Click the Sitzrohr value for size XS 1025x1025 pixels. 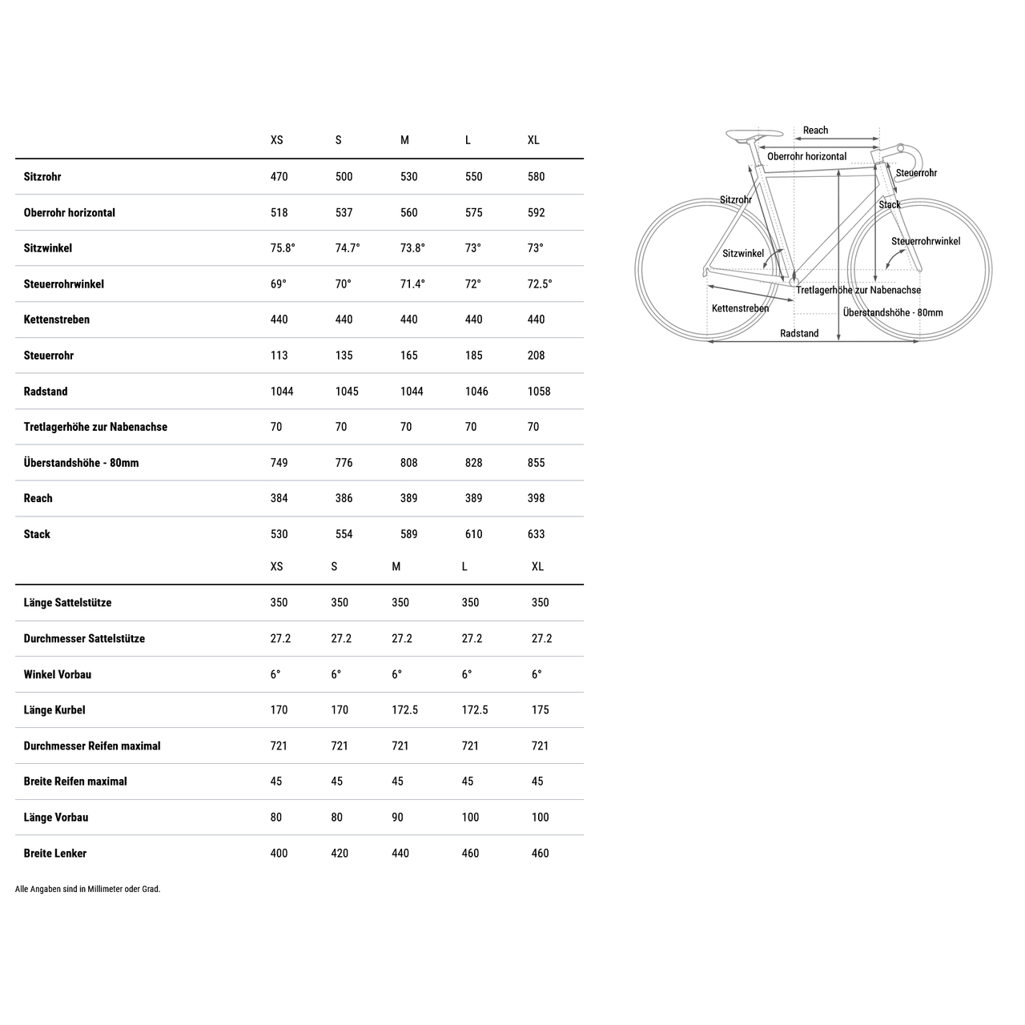pyautogui.click(x=279, y=177)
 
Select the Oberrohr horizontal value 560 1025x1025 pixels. pyautogui.click(x=408, y=213)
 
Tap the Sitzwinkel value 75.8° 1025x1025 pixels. pyautogui.click(x=283, y=248)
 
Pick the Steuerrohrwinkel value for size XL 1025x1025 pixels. pyautogui.click(x=540, y=284)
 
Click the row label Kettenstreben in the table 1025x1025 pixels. pyautogui.click(x=57, y=320)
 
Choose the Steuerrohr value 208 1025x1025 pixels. pyautogui.click(x=537, y=356)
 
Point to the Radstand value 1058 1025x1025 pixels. pyautogui.click(x=539, y=392)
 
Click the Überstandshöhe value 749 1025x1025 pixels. pyautogui.click(x=279, y=463)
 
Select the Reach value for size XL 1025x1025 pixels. pyautogui.click(x=537, y=498)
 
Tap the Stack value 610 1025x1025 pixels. pyautogui.click(x=474, y=534)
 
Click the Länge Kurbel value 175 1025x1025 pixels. pyautogui.click(x=541, y=710)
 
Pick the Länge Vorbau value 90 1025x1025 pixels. pyautogui.click(x=397, y=818)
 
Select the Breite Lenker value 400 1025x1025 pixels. pyautogui.click(x=279, y=854)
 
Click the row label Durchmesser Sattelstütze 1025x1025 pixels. pyautogui.click(x=84, y=639)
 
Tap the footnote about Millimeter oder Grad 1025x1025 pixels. pyautogui.click(x=88, y=889)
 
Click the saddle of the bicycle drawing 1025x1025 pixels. pyautogui.click(x=754, y=135)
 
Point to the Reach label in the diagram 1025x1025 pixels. pyautogui.click(x=815, y=131)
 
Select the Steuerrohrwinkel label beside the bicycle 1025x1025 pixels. pyautogui.click(x=925, y=241)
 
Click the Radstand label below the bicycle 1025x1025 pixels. pyautogui.click(x=799, y=333)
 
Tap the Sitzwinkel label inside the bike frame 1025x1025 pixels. pyautogui.click(x=743, y=254)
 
